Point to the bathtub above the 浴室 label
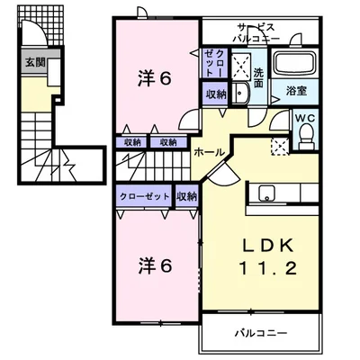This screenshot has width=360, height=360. point(295,66)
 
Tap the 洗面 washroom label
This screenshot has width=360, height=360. point(258,77)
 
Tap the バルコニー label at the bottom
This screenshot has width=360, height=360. point(260,332)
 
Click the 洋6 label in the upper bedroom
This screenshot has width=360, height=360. point(154,77)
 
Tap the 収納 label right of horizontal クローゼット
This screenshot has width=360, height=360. point(187,196)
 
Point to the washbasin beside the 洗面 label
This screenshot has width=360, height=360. point(240,92)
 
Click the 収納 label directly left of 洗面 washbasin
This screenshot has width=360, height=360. point(215,94)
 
